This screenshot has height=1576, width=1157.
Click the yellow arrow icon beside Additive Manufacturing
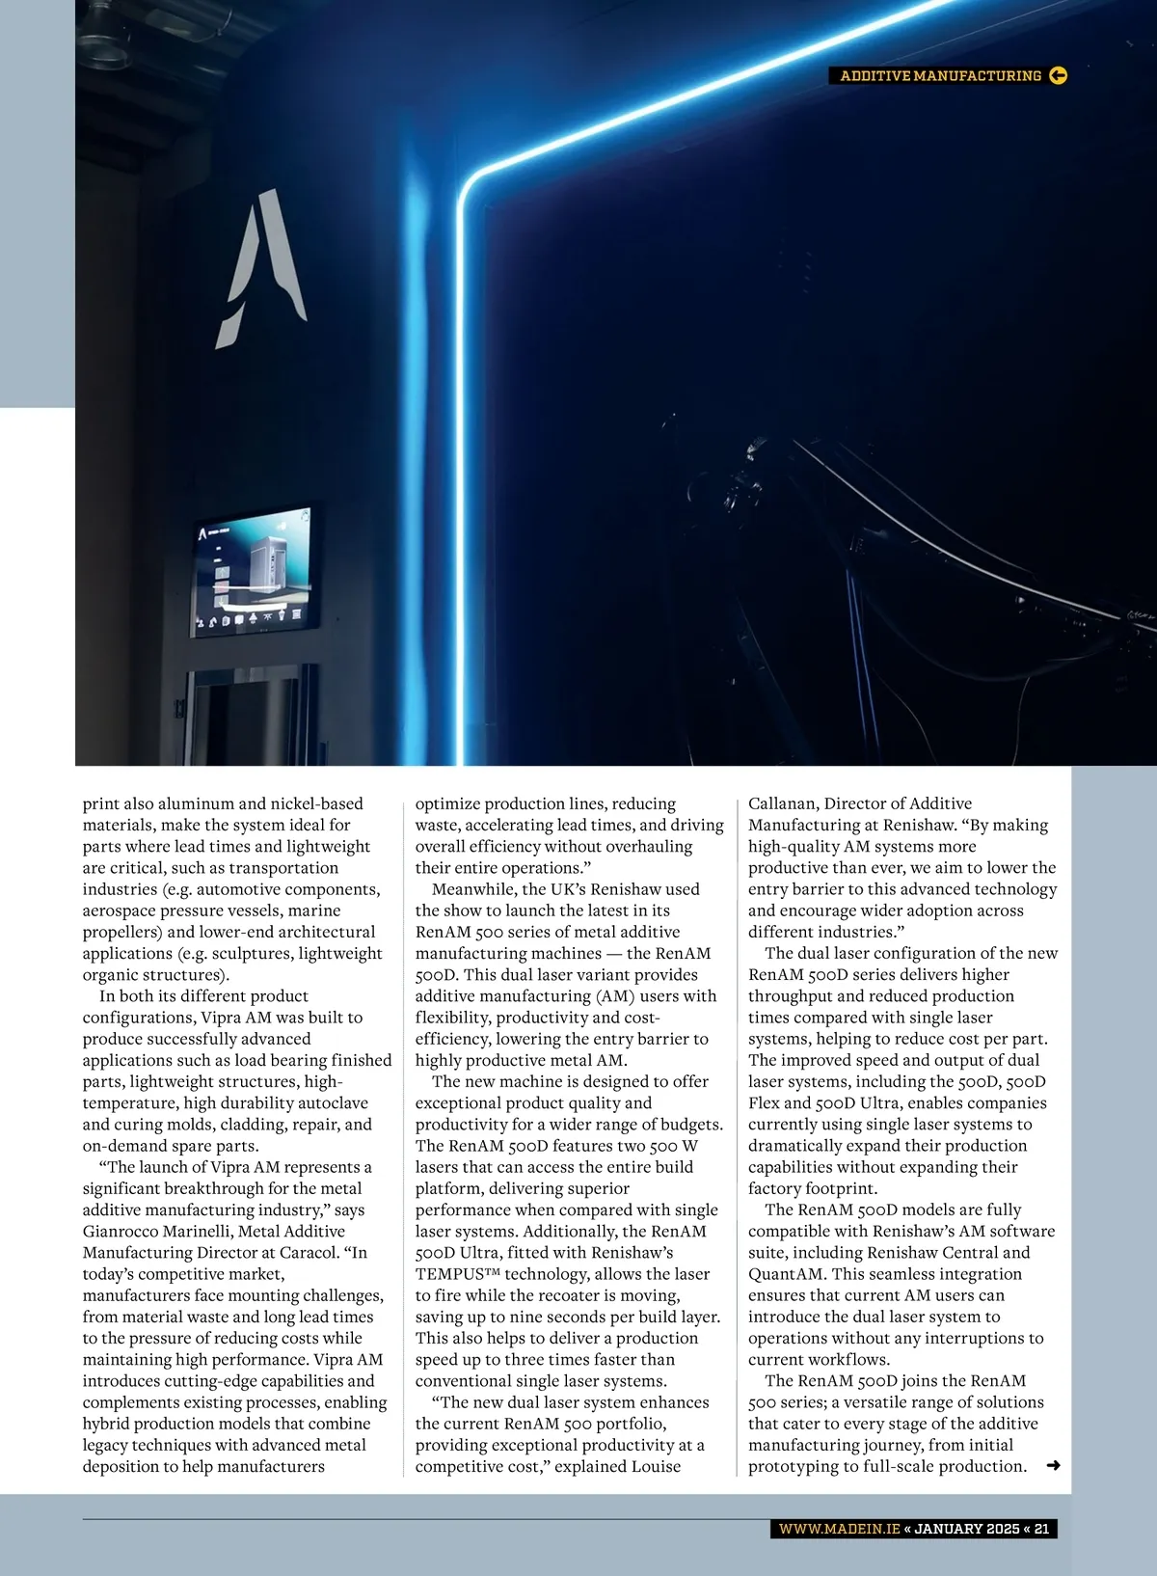[1058, 75]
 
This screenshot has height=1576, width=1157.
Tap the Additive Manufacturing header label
[940, 75]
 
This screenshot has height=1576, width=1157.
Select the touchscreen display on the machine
[256, 571]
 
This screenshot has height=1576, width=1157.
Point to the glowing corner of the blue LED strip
[471, 182]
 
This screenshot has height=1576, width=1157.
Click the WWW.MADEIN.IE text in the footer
[839, 1529]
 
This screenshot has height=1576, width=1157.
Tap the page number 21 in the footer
[1041, 1529]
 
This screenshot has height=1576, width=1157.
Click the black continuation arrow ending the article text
[1053, 1466]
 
